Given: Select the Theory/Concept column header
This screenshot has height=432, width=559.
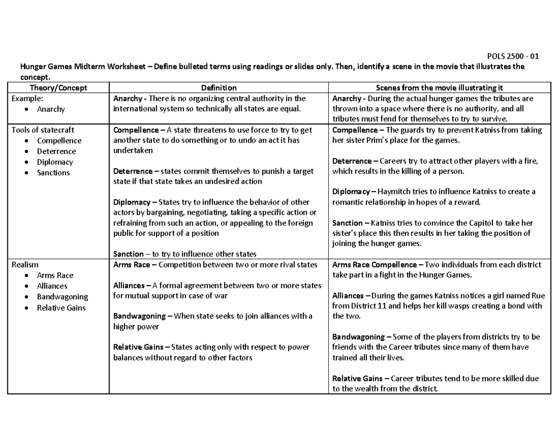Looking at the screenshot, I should click(x=58, y=88).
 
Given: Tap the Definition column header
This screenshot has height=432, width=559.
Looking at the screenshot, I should click(x=219, y=88).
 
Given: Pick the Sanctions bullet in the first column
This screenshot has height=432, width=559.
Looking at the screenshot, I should click(x=53, y=172).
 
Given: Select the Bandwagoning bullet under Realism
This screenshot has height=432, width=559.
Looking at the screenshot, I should click(x=62, y=297).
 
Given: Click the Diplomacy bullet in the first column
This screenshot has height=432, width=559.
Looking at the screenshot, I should click(x=55, y=162).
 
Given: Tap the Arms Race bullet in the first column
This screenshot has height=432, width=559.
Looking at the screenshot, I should click(x=55, y=275).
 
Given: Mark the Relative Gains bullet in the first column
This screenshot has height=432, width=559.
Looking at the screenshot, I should click(x=61, y=308).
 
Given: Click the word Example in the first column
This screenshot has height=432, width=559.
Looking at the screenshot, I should click(x=26, y=98).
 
